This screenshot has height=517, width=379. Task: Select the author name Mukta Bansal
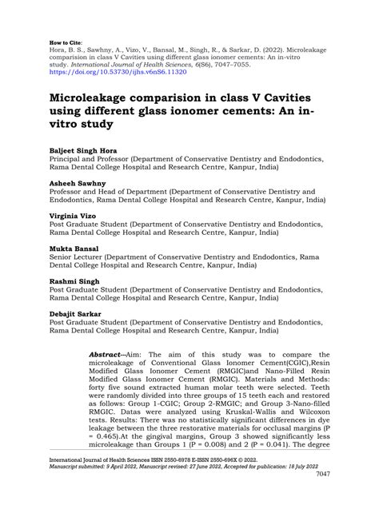tap(73, 250)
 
